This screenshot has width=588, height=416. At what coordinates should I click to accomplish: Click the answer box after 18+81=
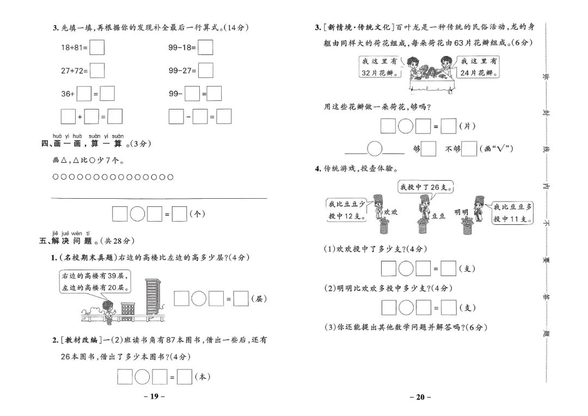coord(97,48)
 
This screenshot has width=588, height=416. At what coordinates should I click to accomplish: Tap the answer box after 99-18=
coord(205,48)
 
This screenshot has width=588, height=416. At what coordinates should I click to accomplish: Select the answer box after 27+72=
coord(97,71)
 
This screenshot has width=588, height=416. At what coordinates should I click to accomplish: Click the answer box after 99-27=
coord(205,71)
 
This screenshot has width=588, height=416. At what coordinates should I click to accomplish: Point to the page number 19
coord(154,396)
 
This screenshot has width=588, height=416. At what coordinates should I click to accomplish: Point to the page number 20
coord(420,396)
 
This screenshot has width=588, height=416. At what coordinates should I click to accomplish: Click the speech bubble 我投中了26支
coord(427,187)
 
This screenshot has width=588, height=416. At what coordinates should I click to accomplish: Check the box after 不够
coord(469,149)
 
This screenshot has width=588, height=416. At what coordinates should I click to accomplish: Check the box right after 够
coord(428,149)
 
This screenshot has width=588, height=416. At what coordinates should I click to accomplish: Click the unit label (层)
coord(259,299)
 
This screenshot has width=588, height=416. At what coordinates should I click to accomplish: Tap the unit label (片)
coord(467,126)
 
